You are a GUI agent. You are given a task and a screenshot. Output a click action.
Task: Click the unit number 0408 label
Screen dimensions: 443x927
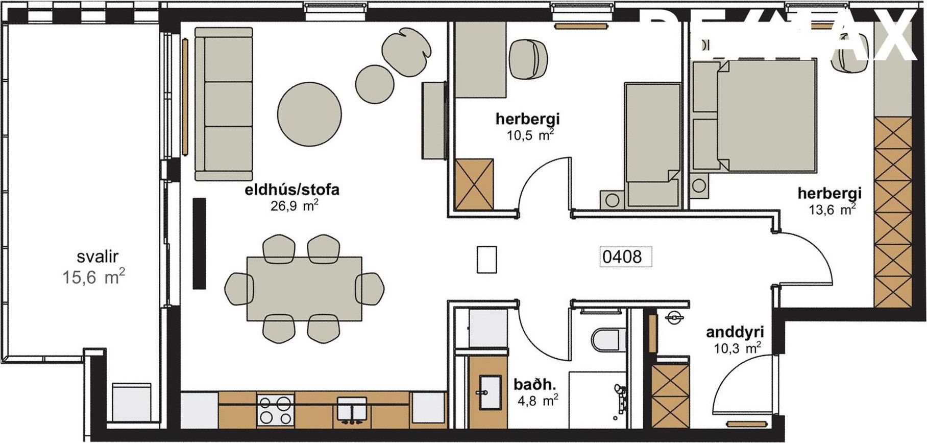coord(622,256)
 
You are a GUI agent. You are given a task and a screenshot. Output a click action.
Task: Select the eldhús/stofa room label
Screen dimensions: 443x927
coord(292,190)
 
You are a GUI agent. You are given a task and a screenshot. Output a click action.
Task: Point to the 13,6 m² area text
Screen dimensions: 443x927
coord(832,209)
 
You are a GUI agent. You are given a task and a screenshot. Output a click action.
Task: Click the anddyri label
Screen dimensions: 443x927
coord(730,333)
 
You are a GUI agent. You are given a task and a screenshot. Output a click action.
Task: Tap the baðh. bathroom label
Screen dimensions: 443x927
coord(534,383)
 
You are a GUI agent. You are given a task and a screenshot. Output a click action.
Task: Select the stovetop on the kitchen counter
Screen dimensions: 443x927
coord(276,410)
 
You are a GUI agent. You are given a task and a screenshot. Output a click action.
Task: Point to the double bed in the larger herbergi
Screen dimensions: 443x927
coord(766,115)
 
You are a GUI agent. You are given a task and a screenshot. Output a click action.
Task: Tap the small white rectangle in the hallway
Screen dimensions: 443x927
coord(486,259)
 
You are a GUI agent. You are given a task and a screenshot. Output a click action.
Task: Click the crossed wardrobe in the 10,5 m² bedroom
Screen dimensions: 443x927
coord(474,184)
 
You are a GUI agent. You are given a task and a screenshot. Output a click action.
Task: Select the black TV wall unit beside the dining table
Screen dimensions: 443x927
coord(199,244)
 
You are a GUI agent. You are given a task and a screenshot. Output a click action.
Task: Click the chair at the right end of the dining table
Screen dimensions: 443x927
coord(370,288)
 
